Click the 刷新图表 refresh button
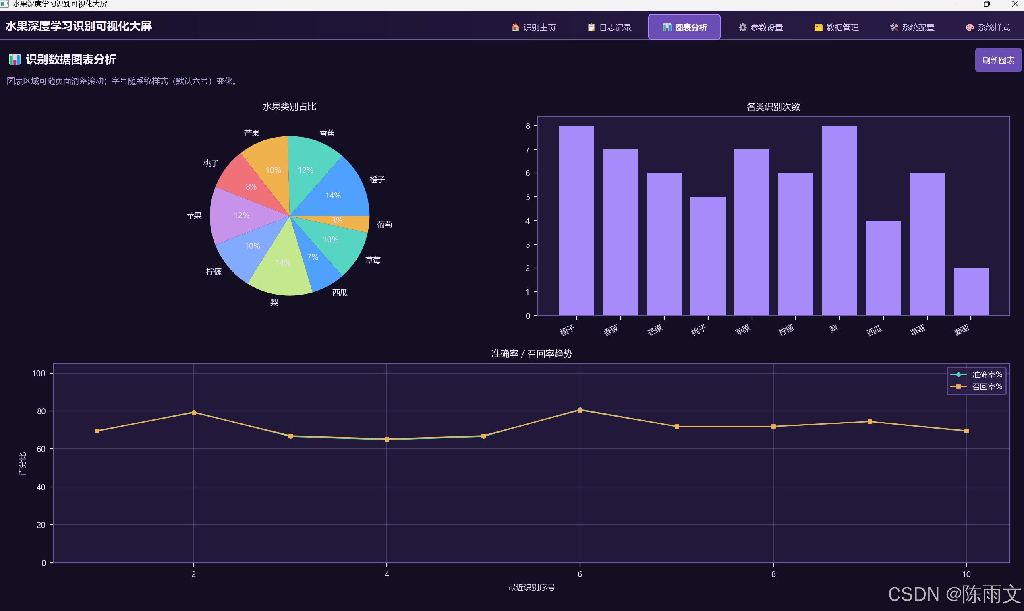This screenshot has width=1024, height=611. coord(998,60)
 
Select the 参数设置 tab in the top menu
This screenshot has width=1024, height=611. coord(760,27)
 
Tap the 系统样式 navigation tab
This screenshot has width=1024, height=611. coord(988,27)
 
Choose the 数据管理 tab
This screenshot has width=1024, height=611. coord(836,27)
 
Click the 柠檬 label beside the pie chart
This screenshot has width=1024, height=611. coord(214,271)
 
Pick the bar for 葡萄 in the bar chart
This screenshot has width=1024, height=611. coord(970,291)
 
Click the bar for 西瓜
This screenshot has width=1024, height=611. coord(883,268)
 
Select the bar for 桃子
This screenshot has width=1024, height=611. coord(707,256)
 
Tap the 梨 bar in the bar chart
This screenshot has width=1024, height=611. coord(839,220)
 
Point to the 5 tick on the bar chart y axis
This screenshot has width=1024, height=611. coord(527,197)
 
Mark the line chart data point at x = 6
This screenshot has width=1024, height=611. coord(580,410)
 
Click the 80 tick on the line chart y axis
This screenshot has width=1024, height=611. coord(41,411)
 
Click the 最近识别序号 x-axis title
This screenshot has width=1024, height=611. coord(532,587)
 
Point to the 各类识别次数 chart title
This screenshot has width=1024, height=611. coord(773,107)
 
